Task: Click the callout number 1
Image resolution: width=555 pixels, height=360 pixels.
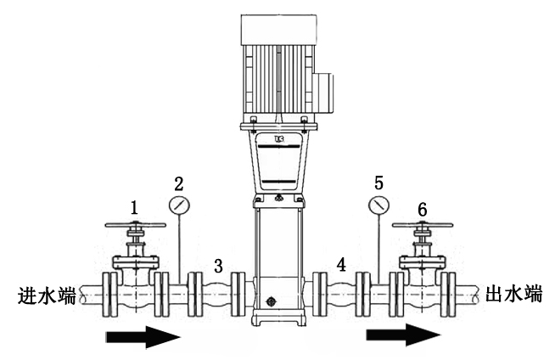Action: (134, 206)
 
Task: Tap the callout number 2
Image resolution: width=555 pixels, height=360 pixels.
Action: (178, 183)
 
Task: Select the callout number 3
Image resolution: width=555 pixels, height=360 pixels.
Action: (218, 266)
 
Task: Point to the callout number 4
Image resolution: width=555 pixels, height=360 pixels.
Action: (341, 266)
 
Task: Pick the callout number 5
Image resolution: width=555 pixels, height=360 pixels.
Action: (378, 182)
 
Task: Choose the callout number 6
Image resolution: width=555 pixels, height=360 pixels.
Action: (422, 208)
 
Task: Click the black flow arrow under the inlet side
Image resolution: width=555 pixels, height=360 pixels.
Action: (143, 337)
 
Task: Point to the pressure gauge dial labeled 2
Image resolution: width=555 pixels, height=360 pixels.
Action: (179, 206)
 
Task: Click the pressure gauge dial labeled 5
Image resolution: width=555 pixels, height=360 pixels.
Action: (378, 206)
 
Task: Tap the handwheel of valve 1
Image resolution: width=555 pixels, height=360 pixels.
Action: (135, 226)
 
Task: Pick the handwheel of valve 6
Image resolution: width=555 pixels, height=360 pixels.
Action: (422, 227)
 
